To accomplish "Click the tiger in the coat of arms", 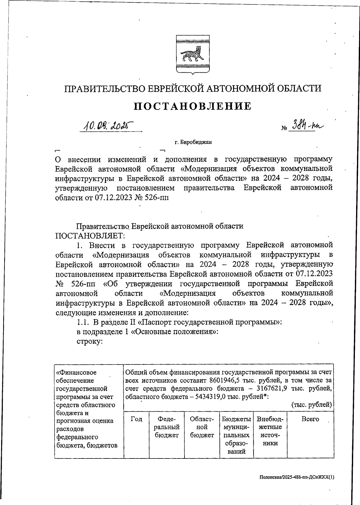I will [191, 54].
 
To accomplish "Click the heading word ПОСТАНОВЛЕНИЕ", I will [192, 106].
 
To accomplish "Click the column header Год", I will [136, 419].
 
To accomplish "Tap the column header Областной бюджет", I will [202, 427].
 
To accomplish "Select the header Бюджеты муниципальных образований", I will [237, 435].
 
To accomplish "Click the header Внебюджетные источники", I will [270, 431].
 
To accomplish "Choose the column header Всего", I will [310, 419].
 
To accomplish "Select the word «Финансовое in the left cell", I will [76, 373].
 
